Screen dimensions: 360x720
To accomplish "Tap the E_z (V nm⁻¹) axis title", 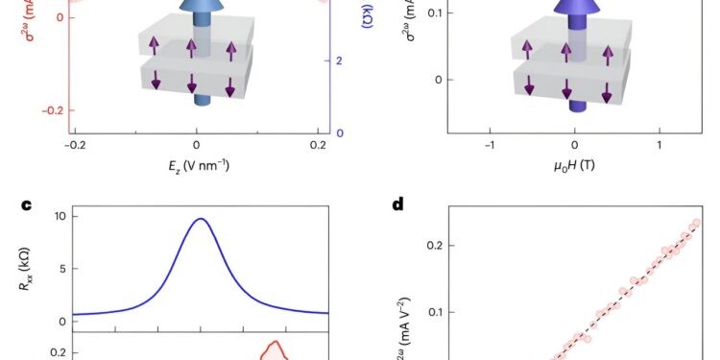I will point(197,165).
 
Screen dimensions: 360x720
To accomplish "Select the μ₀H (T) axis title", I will point(574,165).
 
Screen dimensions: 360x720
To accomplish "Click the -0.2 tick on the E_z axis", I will point(75,145).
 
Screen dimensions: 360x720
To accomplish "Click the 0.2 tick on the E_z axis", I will point(319,145).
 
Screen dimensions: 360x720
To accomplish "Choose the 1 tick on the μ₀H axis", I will point(660,145).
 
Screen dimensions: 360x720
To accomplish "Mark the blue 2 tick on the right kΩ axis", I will point(340,60).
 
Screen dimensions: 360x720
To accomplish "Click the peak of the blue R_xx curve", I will point(201,219).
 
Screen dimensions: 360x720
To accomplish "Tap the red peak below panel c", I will point(275,342).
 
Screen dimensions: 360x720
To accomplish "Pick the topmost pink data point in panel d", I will point(695,223).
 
